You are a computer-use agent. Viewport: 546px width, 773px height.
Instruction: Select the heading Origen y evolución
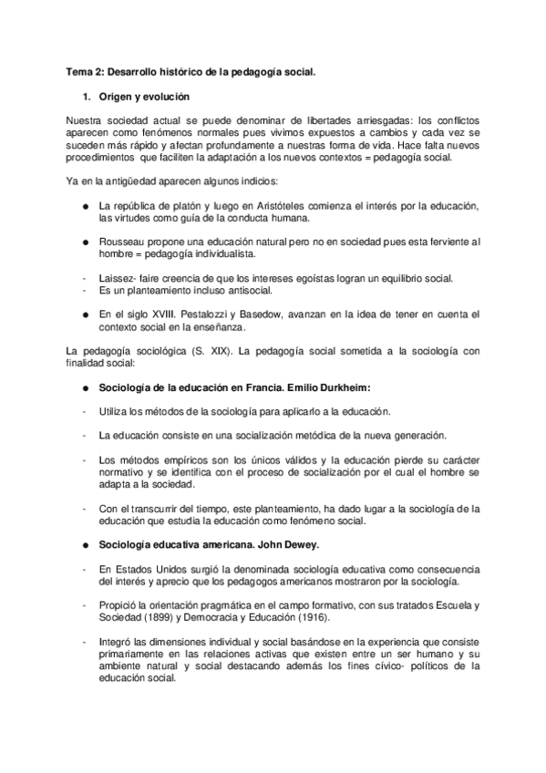(x=144, y=96)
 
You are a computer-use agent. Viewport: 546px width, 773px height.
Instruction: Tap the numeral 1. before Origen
(x=86, y=96)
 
